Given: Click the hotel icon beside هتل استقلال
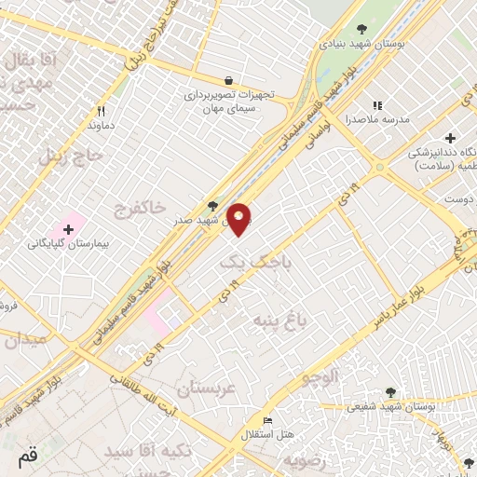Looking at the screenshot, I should pos(268,421).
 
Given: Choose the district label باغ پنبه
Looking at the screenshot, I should pos(275,320).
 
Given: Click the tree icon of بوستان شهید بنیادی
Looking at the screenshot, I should pos(361,30).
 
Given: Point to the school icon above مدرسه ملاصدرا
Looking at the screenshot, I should pos(377,106).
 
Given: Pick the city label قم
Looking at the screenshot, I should pos(27,457).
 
